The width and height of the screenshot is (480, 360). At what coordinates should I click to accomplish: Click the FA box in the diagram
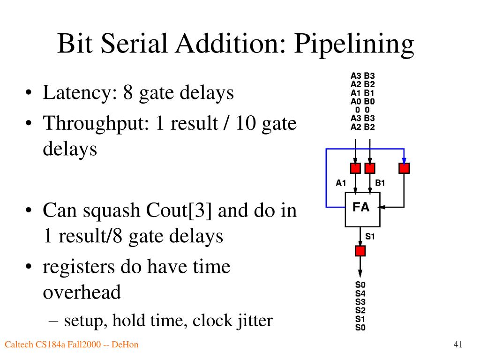(362, 210)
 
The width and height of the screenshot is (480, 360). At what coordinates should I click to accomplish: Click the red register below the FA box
(360, 251)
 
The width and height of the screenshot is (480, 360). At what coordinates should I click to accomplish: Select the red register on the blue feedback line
(404, 168)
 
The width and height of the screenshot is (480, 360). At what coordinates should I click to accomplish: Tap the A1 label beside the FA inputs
(341, 183)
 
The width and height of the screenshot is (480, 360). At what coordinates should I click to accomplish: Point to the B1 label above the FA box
(380, 183)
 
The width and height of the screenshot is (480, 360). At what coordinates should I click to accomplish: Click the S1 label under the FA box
(370, 236)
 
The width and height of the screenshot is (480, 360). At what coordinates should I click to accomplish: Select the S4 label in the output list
(360, 293)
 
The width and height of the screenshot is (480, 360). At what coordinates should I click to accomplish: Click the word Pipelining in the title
(354, 45)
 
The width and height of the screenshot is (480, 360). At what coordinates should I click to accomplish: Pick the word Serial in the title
(134, 43)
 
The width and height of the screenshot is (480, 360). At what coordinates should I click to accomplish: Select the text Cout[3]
(179, 210)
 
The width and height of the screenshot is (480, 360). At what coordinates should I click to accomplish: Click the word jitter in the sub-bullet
(254, 321)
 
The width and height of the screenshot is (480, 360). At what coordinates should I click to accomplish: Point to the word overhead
(82, 292)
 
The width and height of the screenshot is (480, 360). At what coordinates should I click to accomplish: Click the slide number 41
(457, 345)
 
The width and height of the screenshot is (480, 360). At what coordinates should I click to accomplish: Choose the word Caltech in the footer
(19, 345)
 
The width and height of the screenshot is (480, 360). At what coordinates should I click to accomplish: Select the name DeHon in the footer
(125, 345)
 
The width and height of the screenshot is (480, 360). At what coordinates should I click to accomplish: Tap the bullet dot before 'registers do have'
(29, 267)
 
